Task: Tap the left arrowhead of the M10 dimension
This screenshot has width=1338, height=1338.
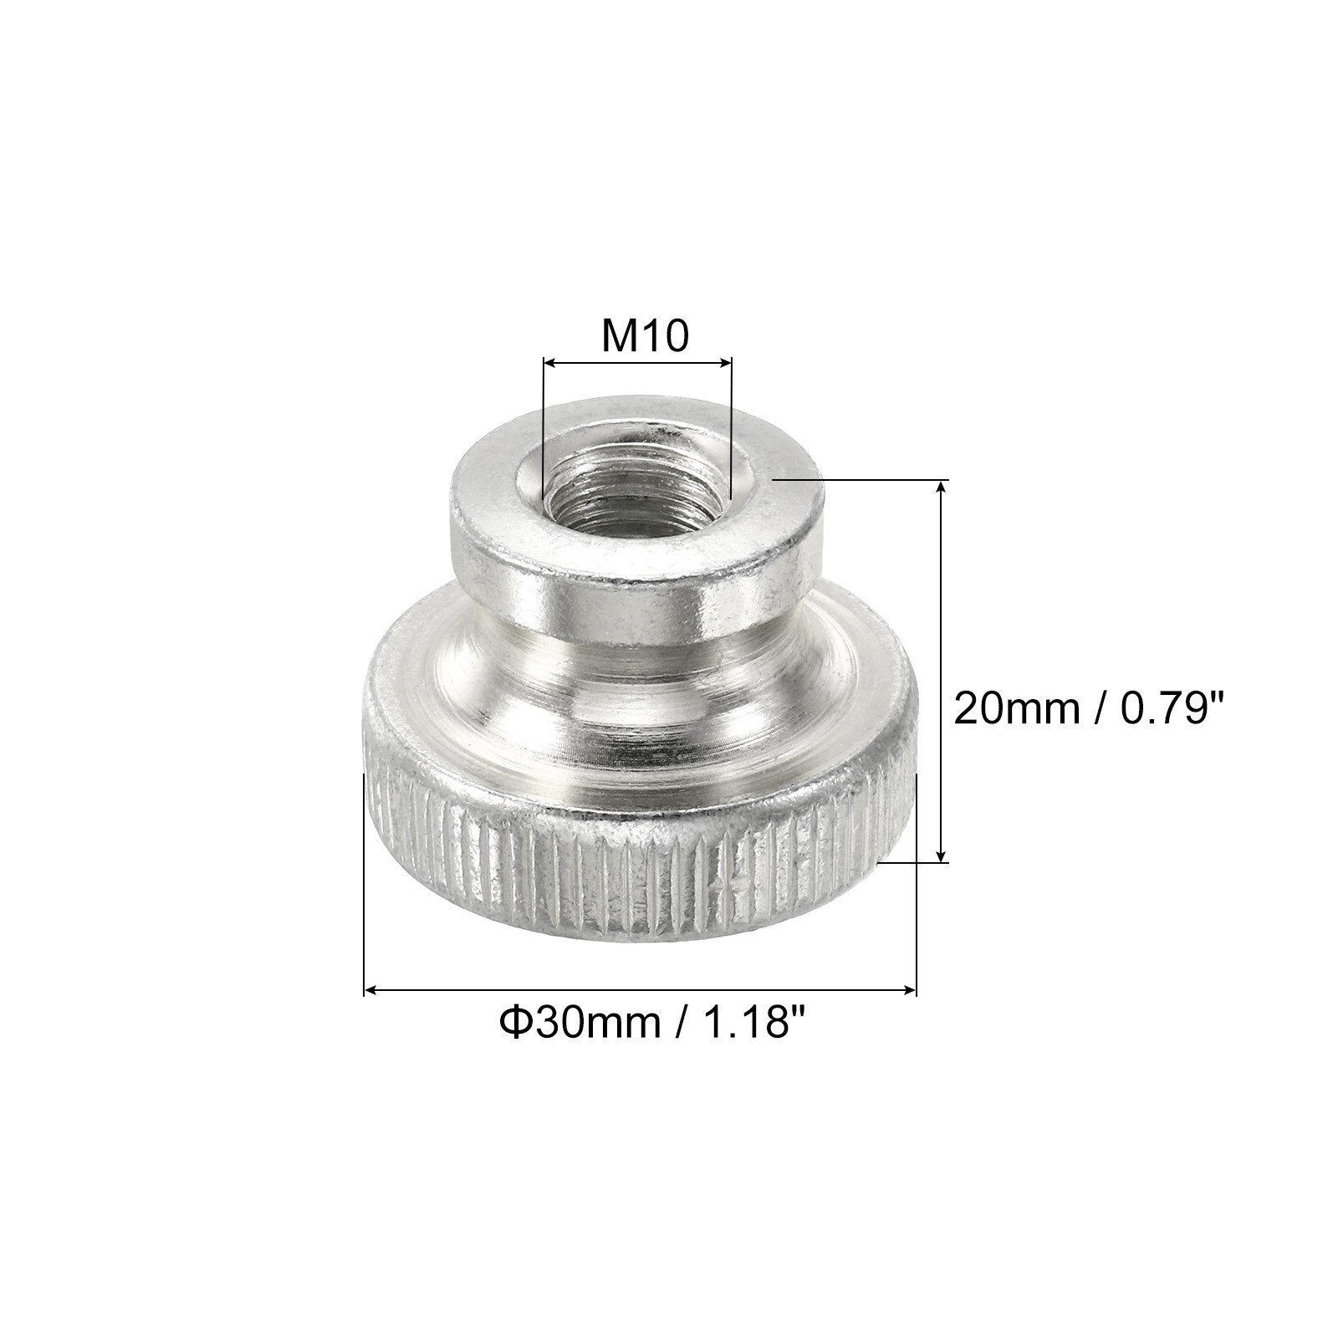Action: [549, 362]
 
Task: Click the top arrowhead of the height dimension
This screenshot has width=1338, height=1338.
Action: [942, 487]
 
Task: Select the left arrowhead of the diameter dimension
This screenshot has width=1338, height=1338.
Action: [371, 991]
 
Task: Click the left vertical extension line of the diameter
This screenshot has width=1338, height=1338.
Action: [364, 886]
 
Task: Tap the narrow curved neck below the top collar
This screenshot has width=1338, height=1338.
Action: [636, 661]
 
